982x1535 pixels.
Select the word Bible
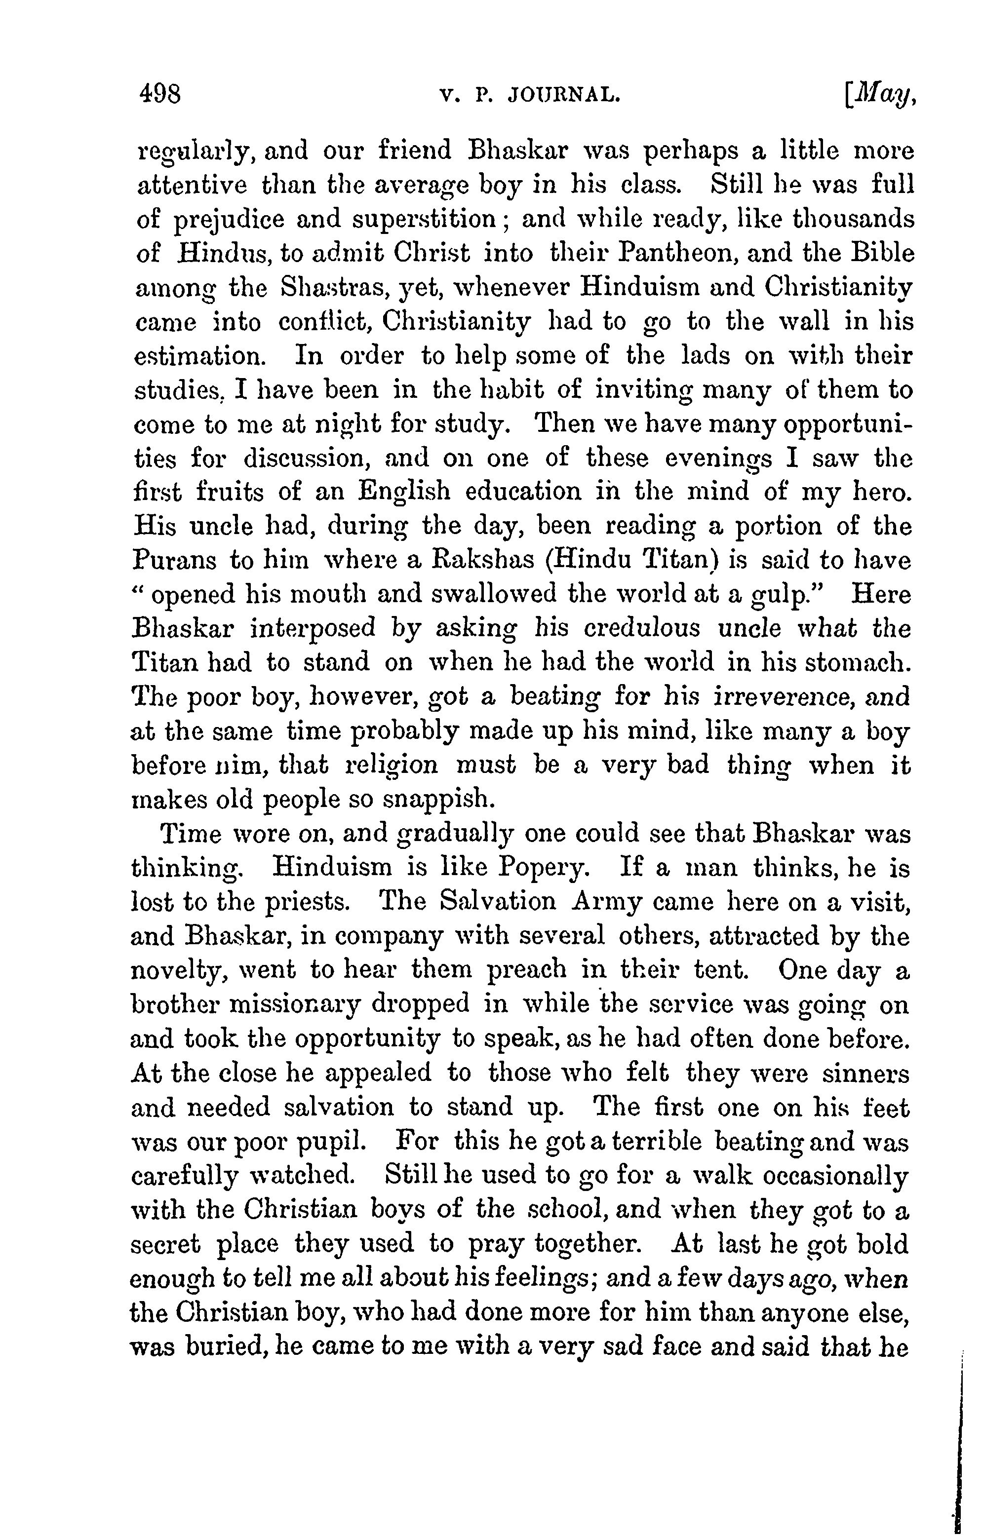pyautogui.click(x=884, y=253)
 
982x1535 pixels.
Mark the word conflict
pyautogui.click(x=326, y=322)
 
